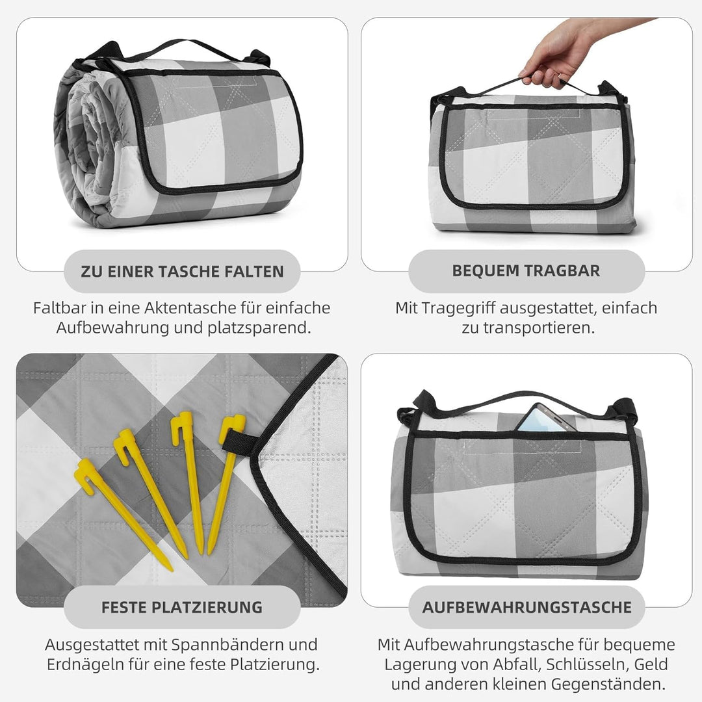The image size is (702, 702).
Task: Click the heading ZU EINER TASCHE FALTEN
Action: coord(182,271)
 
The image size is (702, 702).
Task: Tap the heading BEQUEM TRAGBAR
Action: coord(526,271)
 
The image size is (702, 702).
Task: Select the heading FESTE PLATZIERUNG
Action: coord(182,608)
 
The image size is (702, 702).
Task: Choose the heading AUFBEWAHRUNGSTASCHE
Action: coord(527,608)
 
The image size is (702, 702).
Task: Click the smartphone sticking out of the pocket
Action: coord(544,418)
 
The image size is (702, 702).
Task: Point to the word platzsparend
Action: coord(259,328)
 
